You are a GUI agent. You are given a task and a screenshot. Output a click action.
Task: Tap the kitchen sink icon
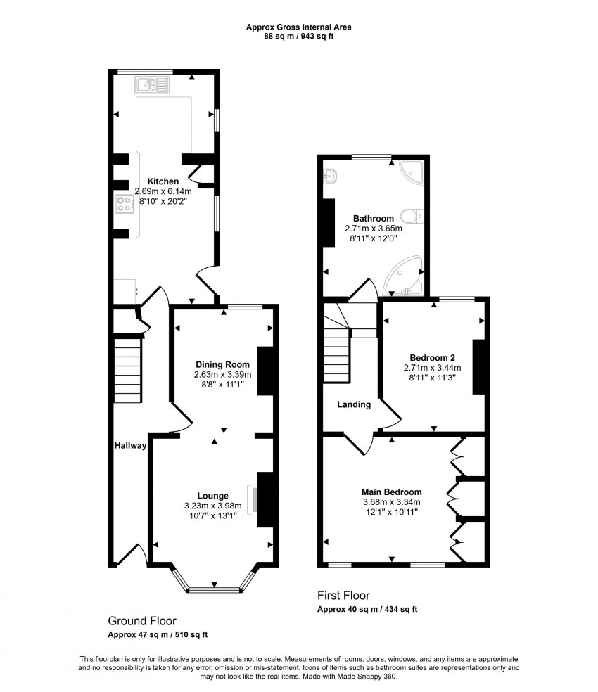[x=152, y=86]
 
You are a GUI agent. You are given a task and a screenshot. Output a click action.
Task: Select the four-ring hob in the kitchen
[x=125, y=205]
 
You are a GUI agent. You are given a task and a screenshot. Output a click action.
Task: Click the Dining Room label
[x=222, y=364]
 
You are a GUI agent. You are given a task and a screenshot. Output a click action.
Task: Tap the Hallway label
[x=131, y=445]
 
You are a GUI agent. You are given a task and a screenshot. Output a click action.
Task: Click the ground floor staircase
[x=128, y=369]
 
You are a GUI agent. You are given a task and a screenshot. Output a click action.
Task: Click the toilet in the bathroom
[x=410, y=216]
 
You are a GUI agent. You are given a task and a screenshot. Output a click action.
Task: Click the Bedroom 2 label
[x=432, y=357]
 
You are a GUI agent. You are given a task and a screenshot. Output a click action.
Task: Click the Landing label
[x=354, y=404]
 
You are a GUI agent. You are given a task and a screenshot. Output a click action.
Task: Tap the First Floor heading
[x=343, y=596]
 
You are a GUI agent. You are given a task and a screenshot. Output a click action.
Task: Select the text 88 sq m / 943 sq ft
[x=298, y=37]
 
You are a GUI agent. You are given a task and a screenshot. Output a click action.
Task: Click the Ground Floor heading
[x=141, y=621]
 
